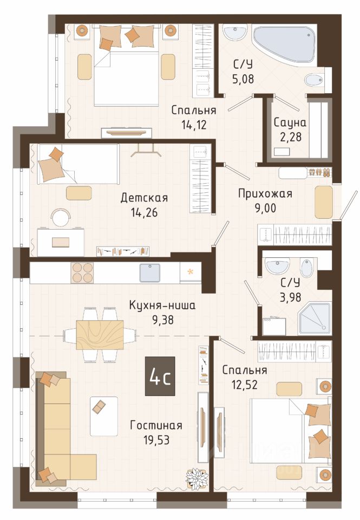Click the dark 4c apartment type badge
click(160, 376)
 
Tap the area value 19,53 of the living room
click(156, 440)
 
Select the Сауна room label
click(290, 123)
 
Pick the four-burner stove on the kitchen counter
click(82, 272)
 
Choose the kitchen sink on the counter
click(150, 272)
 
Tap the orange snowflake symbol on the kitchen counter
click(191, 272)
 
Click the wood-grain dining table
click(100, 335)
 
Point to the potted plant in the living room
click(197, 477)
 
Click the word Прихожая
click(265, 194)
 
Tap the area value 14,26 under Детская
click(144, 212)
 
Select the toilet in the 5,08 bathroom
click(313, 80)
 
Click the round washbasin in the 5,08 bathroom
click(235, 33)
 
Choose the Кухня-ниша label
click(162, 305)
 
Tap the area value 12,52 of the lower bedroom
click(245, 385)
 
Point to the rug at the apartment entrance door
click(324, 202)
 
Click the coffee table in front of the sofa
click(104, 416)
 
